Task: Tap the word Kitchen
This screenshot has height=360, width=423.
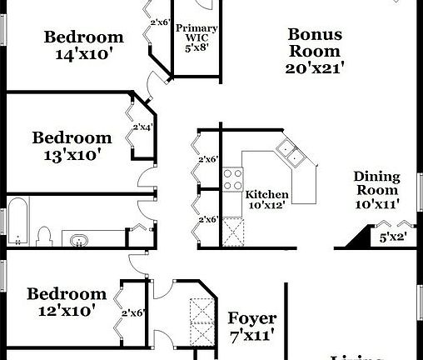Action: click(266, 195)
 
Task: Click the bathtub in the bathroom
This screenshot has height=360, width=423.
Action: click(17, 222)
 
